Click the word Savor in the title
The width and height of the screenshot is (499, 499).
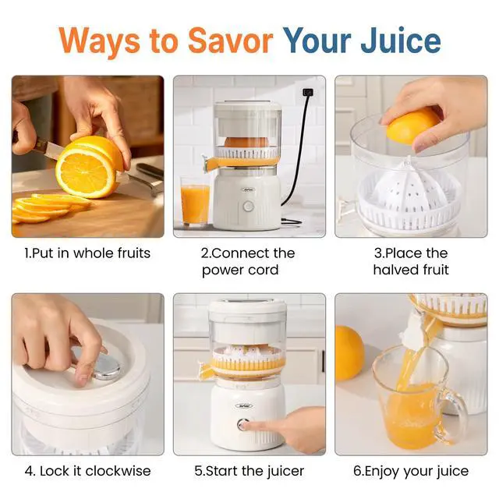click(x=231, y=41)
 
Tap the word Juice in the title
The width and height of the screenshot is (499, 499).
click(x=400, y=41)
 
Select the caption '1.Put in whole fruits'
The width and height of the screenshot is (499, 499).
click(x=87, y=253)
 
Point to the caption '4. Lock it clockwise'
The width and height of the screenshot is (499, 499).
click(x=87, y=471)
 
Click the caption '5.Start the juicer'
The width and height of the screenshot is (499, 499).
click(x=249, y=471)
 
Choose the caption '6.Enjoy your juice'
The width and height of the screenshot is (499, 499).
click(x=411, y=471)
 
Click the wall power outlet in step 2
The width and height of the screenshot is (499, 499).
click(x=308, y=92)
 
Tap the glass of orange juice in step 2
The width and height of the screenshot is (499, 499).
click(x=195, y=202)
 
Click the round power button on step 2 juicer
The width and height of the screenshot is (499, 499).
click(x=248, y=206)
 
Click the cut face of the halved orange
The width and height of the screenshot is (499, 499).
click(x=85, y=173)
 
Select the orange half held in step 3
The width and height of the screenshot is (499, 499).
click(x=412, y=126)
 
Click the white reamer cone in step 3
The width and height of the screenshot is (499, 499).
click(x=409, y=189)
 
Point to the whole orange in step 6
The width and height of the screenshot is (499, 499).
click(x=349, y=353)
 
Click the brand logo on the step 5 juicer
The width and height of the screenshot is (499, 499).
click(x=244, y=405)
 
